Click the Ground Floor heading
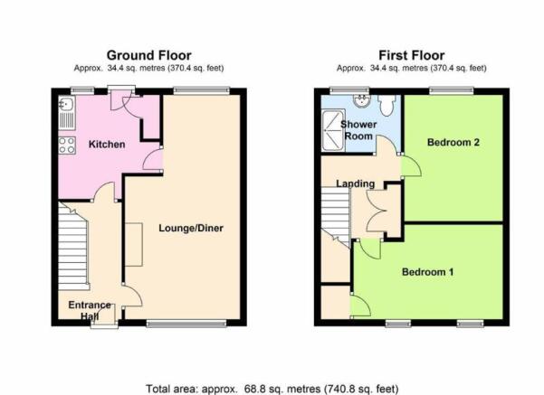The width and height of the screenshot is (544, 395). [148, 55]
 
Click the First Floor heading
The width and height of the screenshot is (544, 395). [412, 55]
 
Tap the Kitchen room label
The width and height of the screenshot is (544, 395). [107, 144]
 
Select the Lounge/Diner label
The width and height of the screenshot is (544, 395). [191, 228]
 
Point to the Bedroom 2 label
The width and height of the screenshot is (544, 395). [453, 142]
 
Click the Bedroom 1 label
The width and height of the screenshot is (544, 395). [427, 272]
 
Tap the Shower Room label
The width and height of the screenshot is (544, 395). [358, 130]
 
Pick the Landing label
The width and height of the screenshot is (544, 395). [355, 183]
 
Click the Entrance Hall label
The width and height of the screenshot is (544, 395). [90, 310]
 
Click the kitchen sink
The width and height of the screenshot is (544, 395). [67, 113]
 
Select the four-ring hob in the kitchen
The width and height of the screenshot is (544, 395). [67, 146]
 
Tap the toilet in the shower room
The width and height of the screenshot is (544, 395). [387, 105]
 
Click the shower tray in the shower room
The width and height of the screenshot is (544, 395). [333, 130]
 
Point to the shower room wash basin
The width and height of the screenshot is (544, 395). [362, 100]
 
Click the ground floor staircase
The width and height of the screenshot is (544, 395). [72, 247]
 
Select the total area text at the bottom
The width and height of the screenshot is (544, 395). [272, 389]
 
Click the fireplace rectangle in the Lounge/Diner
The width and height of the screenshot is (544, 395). [134, 245]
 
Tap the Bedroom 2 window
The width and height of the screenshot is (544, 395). [452, 90]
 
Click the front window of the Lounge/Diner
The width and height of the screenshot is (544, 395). [186, 324]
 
